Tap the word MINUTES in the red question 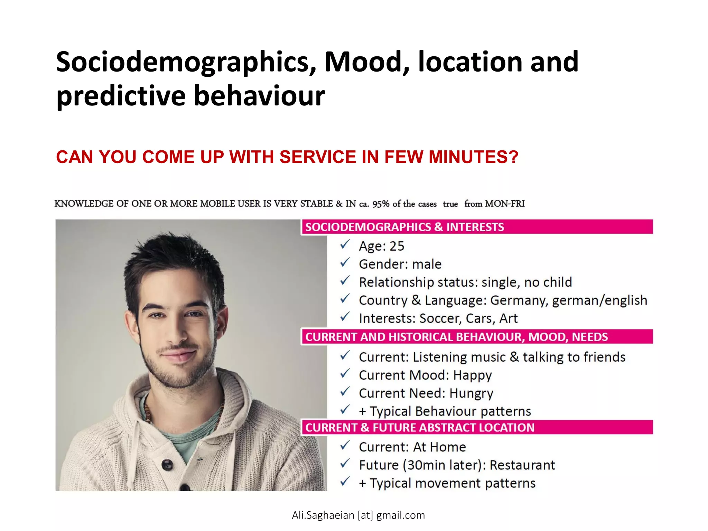(x=473, y=157)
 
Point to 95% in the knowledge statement (x=381, y=204)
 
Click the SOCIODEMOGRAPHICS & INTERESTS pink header (x=404, y=227)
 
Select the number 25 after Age (x=397, y=246)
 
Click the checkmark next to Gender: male (x=345, y=263)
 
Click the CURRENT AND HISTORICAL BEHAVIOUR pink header (x=456, y=337)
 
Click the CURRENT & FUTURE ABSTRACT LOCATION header (x=420, y=428)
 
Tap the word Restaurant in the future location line (x=522, y=465)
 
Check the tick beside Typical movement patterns (x=345, y=482)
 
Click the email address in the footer (x=358, y=515)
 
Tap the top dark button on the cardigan (x=168, y=464)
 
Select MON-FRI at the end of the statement (x=505, y=204)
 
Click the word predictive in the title (x=121, y=96)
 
